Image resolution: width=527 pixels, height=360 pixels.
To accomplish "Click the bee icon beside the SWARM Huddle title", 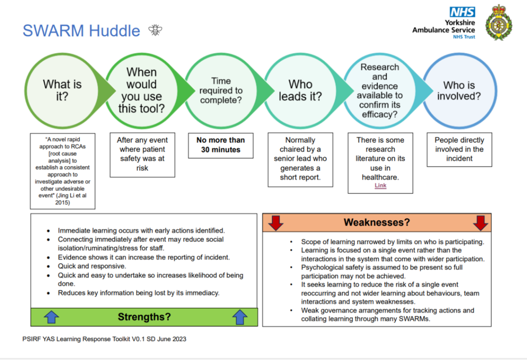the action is [x=155, y=30].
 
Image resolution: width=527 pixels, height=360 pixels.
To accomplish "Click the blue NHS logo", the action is [x=462, y=12].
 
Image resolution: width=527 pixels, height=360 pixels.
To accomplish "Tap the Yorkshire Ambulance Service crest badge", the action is [x=499, y=23].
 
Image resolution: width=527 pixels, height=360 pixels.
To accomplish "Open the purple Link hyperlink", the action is [x=380, y=186].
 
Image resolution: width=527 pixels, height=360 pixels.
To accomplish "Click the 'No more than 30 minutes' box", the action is [x=221, y=145].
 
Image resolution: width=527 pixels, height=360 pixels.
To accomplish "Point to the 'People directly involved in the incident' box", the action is [x=460, y=150].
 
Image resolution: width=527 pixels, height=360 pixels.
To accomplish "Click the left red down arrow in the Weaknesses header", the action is [x=276, y=222].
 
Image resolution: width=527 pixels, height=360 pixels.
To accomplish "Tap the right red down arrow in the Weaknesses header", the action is [x=480, y=222].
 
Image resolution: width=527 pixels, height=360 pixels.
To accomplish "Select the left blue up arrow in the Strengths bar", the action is [x=52, y=317].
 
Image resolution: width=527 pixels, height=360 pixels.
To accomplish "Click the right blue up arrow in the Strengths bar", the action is [x=240, y=317].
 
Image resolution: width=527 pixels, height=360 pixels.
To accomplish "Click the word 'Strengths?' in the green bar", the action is [x=144, y=317].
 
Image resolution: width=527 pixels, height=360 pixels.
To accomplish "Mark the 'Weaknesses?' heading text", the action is [x=377, y=222].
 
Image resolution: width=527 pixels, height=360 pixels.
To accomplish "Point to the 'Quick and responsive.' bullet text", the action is [x=92, y=266].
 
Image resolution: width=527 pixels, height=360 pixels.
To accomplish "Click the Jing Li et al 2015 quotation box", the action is [x=63, y=171].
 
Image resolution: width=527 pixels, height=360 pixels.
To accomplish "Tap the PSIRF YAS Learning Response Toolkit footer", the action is [x=104, y=339].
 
